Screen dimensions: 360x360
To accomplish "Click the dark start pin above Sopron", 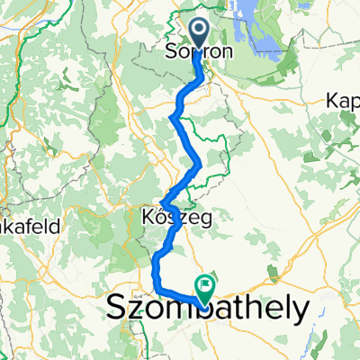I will pos(198,33).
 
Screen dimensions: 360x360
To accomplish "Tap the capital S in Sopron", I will pos(170,52).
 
